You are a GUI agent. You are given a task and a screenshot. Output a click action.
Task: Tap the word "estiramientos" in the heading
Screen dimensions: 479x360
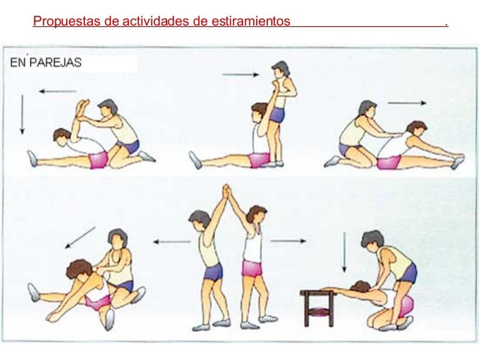coord(251,21)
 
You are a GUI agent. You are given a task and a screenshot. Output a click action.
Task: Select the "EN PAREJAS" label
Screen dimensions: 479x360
coord(46,62)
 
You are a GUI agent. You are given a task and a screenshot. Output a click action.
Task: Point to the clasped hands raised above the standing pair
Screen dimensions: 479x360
coord(227,192)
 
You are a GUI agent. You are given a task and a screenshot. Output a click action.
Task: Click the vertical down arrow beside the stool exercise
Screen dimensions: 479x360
coord(345,253)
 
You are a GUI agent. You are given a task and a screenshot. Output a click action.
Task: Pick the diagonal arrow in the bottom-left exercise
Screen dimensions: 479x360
coord(80,237)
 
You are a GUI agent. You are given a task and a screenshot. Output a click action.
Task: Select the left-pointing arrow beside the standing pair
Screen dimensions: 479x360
coord(172,242)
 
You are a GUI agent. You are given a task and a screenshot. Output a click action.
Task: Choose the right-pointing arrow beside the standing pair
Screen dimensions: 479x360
coord(288,241)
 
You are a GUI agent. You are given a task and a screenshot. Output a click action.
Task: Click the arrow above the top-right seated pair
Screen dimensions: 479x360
coord(407,103)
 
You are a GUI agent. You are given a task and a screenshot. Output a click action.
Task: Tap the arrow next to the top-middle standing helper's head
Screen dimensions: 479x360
coord(241,74)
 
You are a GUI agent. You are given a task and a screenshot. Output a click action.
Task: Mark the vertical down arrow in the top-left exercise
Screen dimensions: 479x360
coord(22,114)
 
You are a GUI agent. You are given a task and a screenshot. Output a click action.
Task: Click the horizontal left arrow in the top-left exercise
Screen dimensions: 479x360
coord(57,91)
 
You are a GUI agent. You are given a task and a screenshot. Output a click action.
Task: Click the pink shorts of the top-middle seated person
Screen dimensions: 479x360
coord(259,159)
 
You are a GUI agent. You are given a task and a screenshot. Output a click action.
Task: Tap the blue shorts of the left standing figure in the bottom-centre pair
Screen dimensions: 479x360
coord(213,271)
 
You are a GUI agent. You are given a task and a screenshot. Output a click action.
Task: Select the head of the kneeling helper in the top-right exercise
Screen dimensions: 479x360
coord(367,108)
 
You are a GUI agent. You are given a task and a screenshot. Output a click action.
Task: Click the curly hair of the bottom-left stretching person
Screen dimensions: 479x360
coord(79,268)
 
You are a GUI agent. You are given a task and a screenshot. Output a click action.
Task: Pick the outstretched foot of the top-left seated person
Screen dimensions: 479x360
coord(32,159)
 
